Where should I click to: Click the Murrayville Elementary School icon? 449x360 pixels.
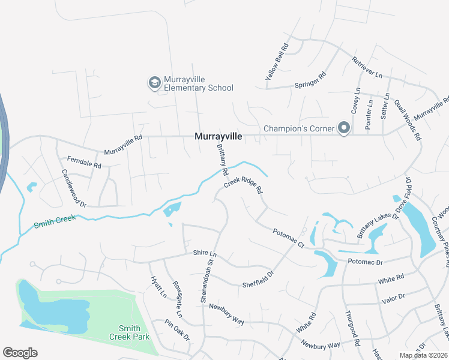154,82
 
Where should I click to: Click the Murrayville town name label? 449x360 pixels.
218,137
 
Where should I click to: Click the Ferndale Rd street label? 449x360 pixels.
84,161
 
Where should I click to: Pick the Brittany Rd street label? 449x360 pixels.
222,158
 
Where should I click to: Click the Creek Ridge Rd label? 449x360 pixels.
244,185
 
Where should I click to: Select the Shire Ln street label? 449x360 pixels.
204,254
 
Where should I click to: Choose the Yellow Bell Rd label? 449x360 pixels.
277,62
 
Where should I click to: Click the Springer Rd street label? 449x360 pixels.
310,81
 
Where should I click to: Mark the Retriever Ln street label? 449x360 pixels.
367,69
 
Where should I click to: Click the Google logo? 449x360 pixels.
20,353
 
